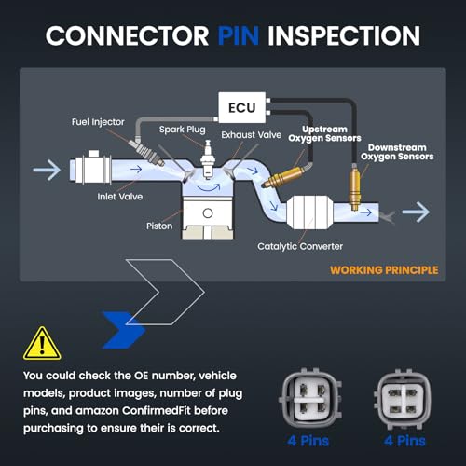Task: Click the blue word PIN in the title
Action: tap(239, 35)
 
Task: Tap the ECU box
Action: tap(241, 107)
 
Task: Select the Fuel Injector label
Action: tap(98, 122)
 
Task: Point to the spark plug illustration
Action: tap(207, 158)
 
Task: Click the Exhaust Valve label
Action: tap(251, 135)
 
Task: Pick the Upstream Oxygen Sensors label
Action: tap(324, 133)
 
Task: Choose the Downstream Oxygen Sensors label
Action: tap(397, 152)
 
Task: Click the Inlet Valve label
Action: tap(120, 197)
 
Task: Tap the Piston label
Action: tap(159, 226)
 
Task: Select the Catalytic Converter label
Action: tap(300, 246)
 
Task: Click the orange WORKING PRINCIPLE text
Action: tap(384, 270)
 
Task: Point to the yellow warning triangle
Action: tap(42, 343)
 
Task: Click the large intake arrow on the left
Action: tap(47, 170)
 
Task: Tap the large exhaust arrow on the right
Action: tap(416, 212)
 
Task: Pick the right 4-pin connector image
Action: tap(403, 398)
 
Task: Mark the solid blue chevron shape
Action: tap(124, 330)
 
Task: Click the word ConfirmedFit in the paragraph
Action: tap(157, 411)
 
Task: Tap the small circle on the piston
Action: tap(208, 213)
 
